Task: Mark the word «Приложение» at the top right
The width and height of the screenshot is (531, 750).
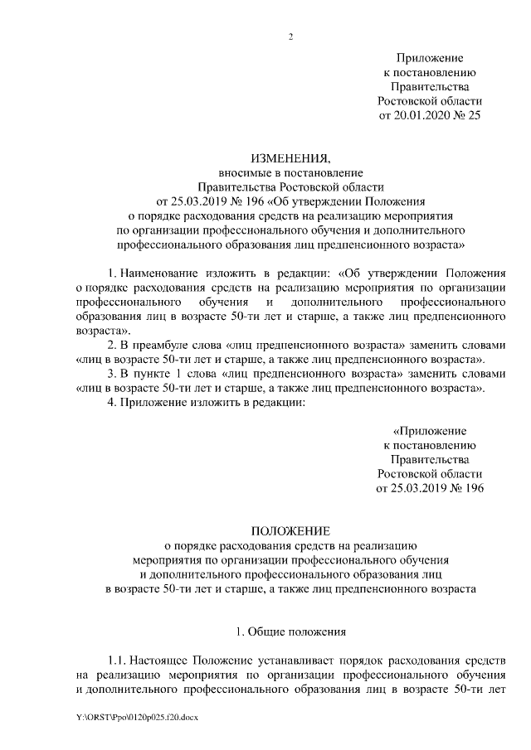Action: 430,58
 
